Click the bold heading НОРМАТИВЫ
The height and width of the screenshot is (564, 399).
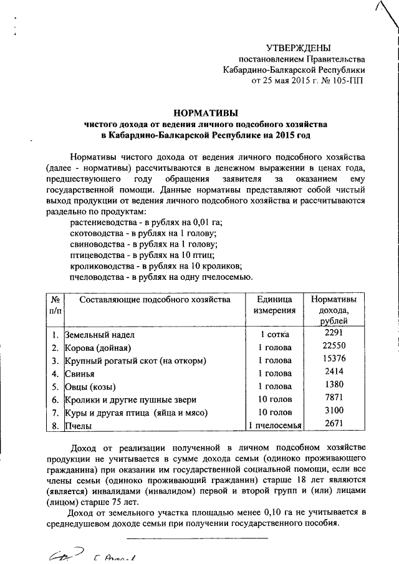[x=205, y=113]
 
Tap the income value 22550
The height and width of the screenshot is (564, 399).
[x=330, y=346]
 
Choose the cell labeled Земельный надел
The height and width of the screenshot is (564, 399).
[x=99, y=335]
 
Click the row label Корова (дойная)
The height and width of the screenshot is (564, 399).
[x=97, y=348]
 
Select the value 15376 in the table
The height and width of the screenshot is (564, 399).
[x=330, y=359]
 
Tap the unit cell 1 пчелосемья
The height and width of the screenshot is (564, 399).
[x=275, y=426]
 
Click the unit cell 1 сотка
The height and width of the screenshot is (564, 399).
[x=275, y=335]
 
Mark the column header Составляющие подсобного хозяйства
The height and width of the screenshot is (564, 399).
[x=147, y=299]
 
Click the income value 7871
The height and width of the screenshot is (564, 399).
[x=330, y=398]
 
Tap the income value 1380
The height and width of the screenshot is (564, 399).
[x=330, y=385]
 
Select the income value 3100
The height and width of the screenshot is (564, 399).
[x=330, y=411]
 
